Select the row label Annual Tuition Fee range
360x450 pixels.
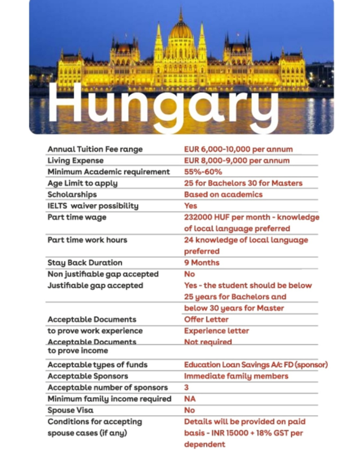95,149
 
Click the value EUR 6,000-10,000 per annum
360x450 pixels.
238,149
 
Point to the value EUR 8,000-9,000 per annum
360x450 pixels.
237,160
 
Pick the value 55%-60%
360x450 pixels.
203,172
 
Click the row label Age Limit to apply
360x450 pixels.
82,183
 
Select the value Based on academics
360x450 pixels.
223,195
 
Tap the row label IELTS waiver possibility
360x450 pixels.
93,206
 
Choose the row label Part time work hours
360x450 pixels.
87,240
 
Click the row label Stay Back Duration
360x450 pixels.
85,262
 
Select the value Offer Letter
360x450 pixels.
206,319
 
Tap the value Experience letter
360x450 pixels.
217,330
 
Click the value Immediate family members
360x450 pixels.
236,376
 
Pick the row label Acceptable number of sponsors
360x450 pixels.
107,387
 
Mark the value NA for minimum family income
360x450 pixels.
190,399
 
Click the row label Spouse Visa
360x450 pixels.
70,410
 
